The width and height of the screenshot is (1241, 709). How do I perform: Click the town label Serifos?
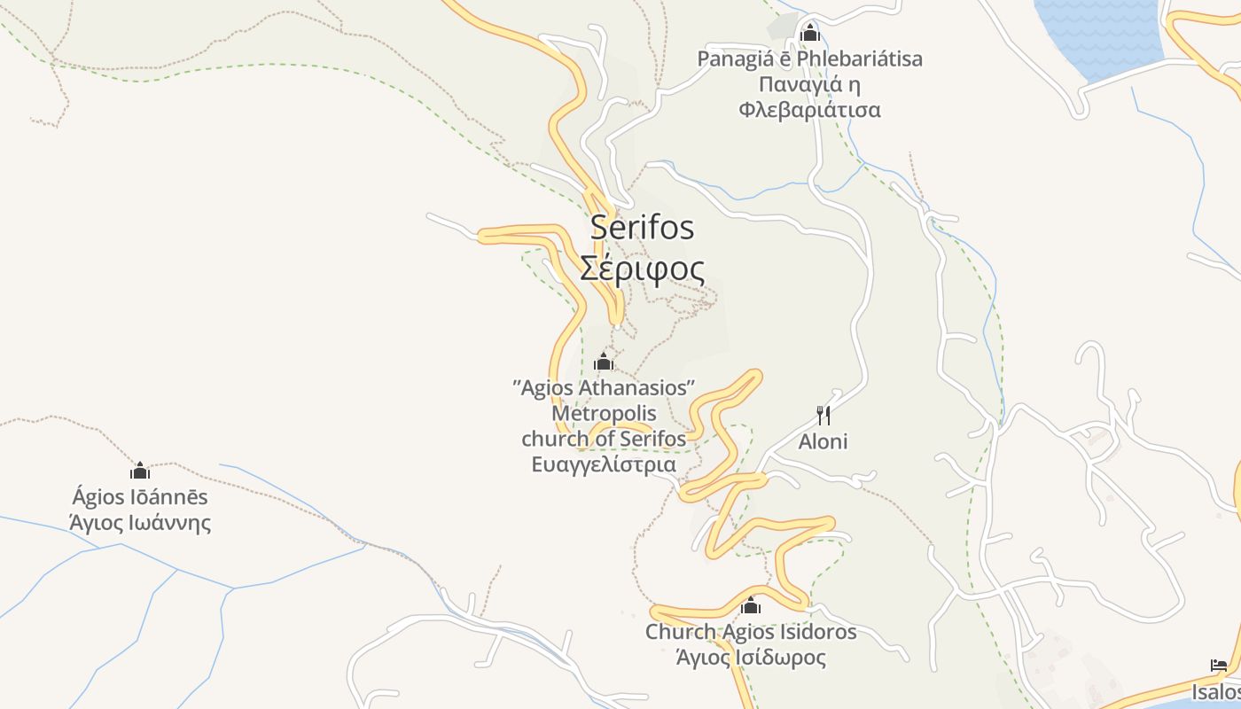click(642, 228)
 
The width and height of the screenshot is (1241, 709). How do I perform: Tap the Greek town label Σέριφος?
click(642, 269)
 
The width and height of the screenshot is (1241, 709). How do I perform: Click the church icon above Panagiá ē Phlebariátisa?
click(809, 35)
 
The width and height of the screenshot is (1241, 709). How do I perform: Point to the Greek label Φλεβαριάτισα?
click(809, 110)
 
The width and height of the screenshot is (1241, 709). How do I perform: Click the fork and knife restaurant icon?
click(823, 415)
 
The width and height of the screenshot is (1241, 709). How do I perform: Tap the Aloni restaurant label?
click(823, 441)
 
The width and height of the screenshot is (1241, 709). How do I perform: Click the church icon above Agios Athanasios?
click(604, 362)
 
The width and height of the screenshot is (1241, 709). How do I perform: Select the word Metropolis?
click(604, 413)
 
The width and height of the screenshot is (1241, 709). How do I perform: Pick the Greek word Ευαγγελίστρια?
click(604, 464)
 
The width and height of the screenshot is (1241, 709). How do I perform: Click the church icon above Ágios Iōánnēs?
click(140, 471)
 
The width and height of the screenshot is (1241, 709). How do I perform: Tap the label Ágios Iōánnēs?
click(140, 497)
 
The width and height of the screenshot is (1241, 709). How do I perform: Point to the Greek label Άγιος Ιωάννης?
click(140, 522)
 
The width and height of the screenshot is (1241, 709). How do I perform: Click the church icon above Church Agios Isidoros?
click(751, 606)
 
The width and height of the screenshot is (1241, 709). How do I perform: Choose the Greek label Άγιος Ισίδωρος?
click(751, 658)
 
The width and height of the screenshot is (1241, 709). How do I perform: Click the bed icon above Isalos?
click(1219, 666)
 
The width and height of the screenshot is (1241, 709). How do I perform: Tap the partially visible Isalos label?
click(1216, 691)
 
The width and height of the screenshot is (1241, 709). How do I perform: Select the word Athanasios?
click(635, 388)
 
